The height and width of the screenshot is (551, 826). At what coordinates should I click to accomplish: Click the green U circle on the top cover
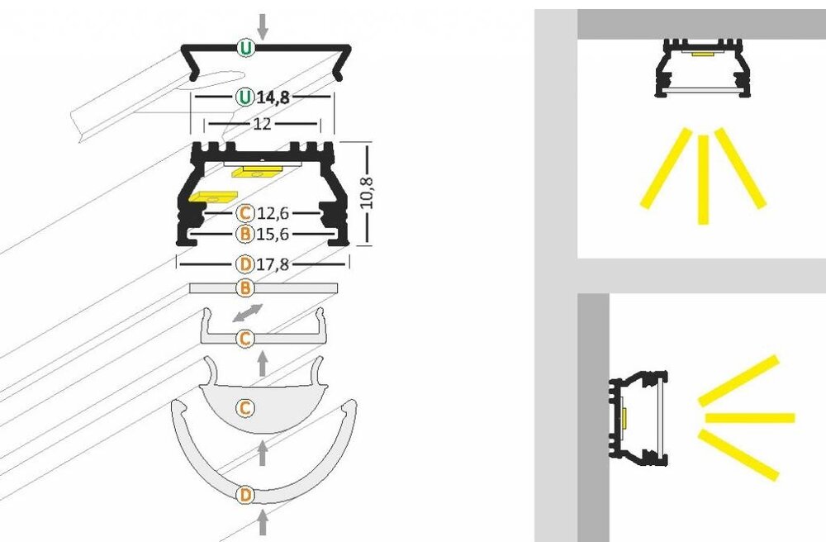pyautogui.click(x=245, y=48)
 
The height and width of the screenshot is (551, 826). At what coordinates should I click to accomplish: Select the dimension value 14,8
pyautogui.click(x=273, y=97)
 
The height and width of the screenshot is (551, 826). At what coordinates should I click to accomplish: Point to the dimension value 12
pyautogui.click(x=262, y=124)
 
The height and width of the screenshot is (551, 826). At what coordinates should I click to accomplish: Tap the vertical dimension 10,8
pyautogui.click(x=368, y=193)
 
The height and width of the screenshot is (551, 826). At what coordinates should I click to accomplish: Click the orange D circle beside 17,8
pyautogui.click(x=244, y=265)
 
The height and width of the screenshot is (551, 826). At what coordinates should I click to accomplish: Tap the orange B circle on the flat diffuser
pyautogui.click(x=244, y=288)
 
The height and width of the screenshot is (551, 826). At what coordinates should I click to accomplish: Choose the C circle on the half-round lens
pyautogui.click(x=244, y=407)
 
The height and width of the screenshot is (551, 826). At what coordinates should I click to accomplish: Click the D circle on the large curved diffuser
pyautogui.click(x=244, y=496)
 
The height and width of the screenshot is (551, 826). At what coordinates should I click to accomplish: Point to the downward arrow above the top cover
pyautogui.click(x=263, y=26)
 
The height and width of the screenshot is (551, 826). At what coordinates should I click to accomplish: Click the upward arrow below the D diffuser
pyautogui.click(x=263, y=523)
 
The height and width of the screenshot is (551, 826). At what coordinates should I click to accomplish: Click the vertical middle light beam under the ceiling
pyautogui.click(x=703, y=178)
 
